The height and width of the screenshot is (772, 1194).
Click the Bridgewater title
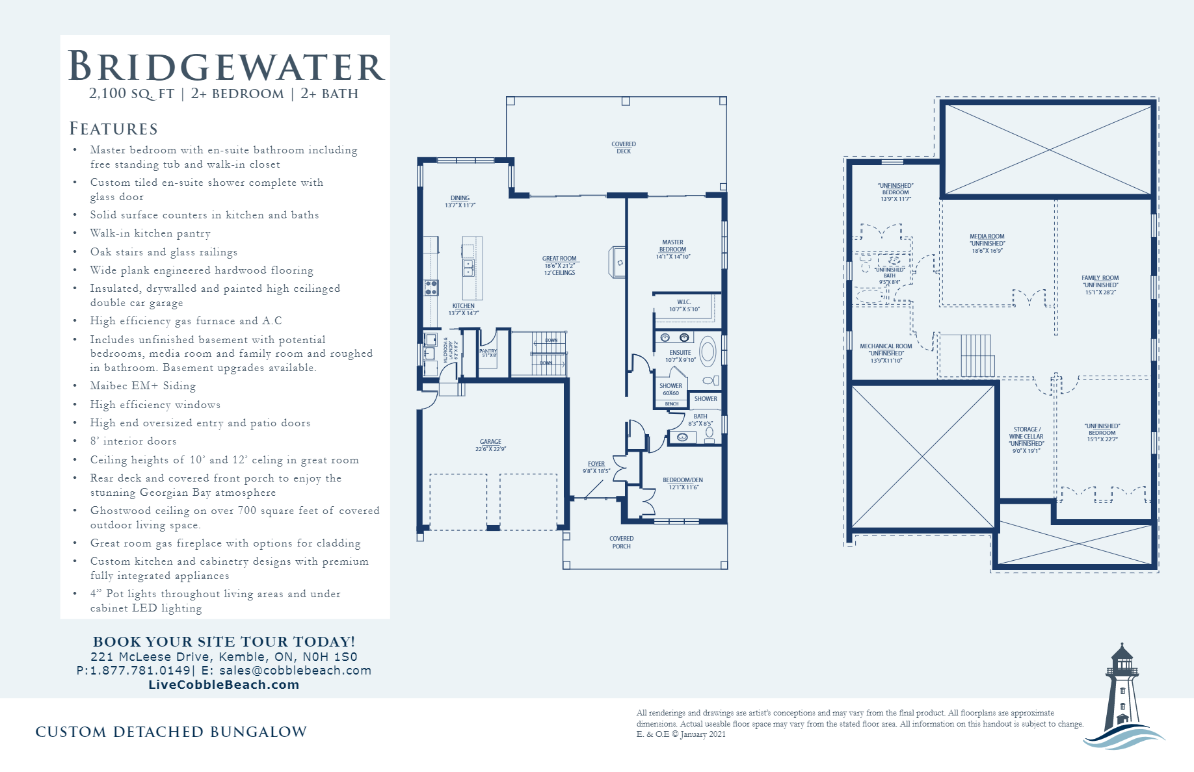coord(226,66)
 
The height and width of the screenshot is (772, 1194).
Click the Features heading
coord(114,129)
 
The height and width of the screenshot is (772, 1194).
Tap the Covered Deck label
coord(623,148)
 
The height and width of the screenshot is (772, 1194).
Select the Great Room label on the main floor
coord(559,259)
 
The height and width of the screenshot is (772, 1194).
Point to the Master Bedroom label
coord(672,246)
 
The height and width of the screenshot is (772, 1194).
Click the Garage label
coord(490,442)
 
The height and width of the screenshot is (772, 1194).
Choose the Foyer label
coord(596,464)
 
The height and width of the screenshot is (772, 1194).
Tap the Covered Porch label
coord(621,542)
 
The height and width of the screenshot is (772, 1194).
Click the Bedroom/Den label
coord(682,480)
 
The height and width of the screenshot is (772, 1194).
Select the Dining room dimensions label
coord(460,205)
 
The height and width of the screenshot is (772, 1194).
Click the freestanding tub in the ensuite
coord(708,352)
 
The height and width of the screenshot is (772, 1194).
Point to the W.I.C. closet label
coord(683,302)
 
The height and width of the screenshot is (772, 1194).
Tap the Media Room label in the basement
coord(987,237)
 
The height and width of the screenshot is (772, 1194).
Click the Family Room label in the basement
coord(1100,278)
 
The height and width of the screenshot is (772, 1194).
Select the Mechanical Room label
coord(886,346)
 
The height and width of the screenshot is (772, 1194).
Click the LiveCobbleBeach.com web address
coord(224,684)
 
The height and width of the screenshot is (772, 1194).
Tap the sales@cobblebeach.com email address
coord(295,670)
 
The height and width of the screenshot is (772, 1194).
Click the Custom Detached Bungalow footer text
coord(171,732)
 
